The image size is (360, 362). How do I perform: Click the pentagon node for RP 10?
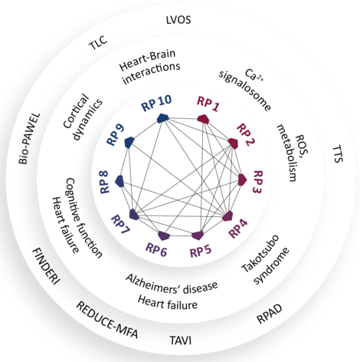click(x=162, y=118)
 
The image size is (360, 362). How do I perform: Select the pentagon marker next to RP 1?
click(x=204, y=119)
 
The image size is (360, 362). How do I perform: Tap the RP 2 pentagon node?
click(x=233, y=143)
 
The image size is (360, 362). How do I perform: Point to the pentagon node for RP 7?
click(x=134, y=214)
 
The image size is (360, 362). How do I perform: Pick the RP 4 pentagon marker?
click(x=227, y=216)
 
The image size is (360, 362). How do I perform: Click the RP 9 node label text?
click(x=116, y=135)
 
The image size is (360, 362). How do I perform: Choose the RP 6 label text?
click(x=156, y=250)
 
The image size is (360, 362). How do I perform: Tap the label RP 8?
click(x=104, y=182)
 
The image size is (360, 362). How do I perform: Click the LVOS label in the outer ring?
click(x=178, y=20)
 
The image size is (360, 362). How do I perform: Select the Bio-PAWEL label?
click(x=29, y=139)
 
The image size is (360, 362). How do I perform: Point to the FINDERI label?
click(x=46, y=266)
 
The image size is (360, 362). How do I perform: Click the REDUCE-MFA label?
click(x=107, y=320)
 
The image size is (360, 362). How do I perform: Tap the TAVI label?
click(x=181, y=341)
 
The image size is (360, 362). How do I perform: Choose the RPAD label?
click(x=269, y=314)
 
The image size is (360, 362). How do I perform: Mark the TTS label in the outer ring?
click(x=339, y=154)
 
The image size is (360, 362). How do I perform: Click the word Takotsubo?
click(x=260, y=254)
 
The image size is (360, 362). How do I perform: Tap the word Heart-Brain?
click(x=147, y=61)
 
